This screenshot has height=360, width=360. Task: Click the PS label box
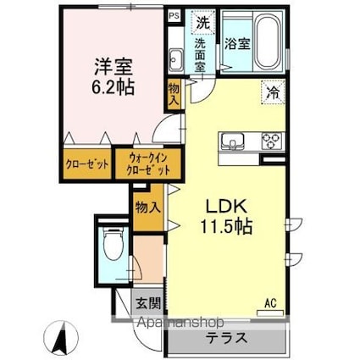(174, 16)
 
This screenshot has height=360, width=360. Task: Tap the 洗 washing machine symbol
(203, 23)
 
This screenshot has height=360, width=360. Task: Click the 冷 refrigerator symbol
(274, 91)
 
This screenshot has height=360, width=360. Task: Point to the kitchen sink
(233, 141)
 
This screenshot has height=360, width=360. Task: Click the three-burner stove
(271, 141)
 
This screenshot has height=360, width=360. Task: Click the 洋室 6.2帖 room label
(113, 77)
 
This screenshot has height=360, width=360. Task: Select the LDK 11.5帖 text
(226, 216)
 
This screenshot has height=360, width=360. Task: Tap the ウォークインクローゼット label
(148, 164)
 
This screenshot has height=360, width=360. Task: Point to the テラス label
(226, 338)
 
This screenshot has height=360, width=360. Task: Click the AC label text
(270, 303)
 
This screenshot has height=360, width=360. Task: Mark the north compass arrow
(62, 338)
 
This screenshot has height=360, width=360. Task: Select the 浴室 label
(237, 44)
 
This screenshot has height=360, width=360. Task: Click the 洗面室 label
(201, 55)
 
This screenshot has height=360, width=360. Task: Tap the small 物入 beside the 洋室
(174, 96)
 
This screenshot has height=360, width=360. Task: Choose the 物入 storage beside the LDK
(148, 208)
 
